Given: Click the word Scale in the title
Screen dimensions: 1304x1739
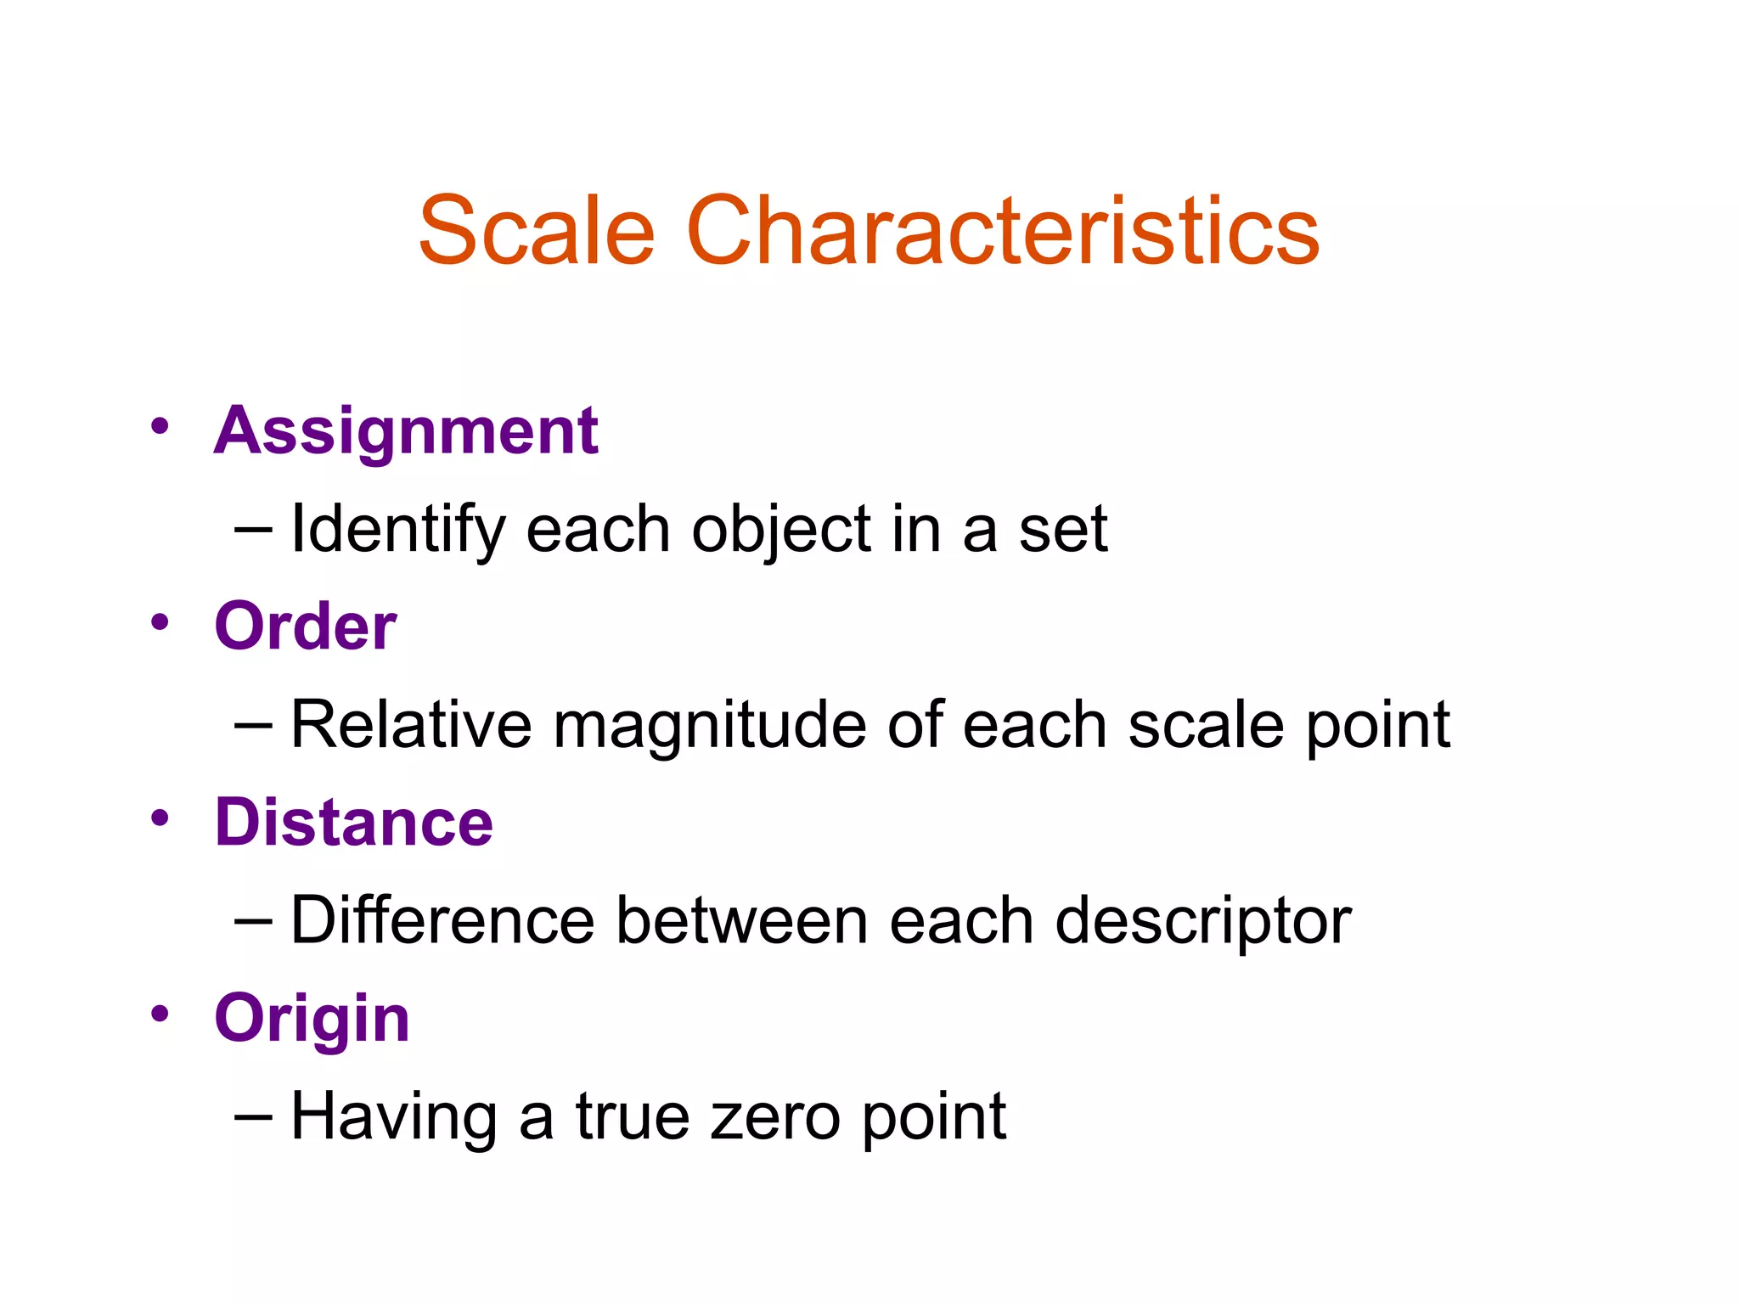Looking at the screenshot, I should tap(537, 231).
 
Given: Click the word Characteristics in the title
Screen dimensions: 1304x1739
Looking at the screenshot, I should tap(1003, 231).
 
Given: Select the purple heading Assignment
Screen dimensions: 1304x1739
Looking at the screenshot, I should tap(406, 431).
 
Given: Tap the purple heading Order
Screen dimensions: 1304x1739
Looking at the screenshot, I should tap(306, 627).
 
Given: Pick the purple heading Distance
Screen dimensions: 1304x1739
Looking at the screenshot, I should tap(354, 823).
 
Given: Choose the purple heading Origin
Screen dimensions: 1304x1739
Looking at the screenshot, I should tap(312, 1019).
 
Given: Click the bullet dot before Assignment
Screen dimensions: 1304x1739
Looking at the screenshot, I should tap(160, 425).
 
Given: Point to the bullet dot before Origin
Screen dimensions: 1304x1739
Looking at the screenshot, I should tap(160, 1013).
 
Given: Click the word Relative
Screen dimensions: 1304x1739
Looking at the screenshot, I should tap(411, 725).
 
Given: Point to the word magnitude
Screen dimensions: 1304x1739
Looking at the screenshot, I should tap(710, 727).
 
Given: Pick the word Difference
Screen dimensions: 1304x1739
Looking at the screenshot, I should tap(442, 920).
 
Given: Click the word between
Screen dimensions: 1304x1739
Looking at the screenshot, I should tap(741, 920).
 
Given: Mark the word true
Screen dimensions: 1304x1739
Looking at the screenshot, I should tap(632, 1117).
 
